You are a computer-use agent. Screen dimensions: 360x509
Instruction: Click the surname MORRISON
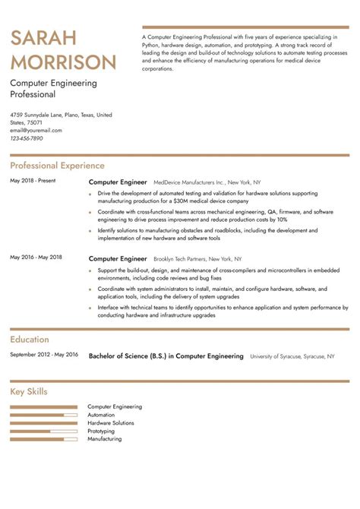coord(64,62)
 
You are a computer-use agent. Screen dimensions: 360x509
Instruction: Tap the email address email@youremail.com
coord(36,130)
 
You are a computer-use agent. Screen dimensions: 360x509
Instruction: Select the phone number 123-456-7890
coord(27,138)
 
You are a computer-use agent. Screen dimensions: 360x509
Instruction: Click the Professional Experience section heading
coord(57,166)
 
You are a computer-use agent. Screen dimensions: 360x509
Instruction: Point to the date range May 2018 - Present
coord(33,181)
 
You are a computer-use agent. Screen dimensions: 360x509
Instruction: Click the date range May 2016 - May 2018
coord(36,258)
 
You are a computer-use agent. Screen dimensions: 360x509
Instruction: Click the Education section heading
coord(30,340)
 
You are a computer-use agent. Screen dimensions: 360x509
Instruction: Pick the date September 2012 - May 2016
coord(44,354)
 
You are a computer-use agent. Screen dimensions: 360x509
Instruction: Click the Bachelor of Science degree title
coord(166,356)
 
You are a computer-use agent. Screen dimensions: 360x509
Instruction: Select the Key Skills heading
coord(29,392)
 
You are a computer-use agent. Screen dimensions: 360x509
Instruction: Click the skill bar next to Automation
coord(44,415)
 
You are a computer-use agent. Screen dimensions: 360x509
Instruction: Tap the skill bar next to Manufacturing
coord(44,439)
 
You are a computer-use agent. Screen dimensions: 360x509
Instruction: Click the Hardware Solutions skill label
coord(111,422)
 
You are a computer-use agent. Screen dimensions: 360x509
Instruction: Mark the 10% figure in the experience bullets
coord(283,218)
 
